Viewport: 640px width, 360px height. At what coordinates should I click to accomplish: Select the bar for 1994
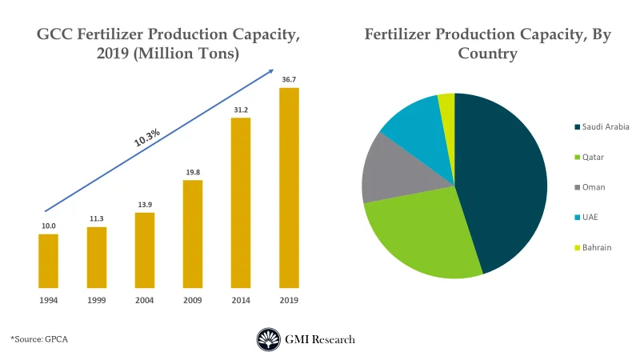[49, 260]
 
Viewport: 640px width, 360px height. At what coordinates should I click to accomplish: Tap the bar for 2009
[192, 233]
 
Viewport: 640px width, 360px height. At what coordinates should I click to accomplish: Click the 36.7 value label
[288, 80]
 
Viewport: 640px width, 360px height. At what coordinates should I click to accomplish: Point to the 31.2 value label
[240, 110]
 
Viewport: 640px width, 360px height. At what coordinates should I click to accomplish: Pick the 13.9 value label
[144, 205]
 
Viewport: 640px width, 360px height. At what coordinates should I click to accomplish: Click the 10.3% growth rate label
[147, 137]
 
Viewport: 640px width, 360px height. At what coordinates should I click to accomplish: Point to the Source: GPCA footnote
[40, 339]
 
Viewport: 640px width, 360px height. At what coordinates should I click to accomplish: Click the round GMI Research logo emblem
[268, 339]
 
